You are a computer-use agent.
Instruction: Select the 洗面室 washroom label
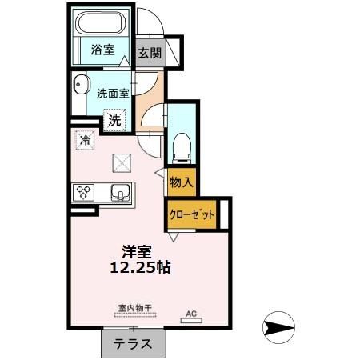112,93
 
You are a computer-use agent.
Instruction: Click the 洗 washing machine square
116,120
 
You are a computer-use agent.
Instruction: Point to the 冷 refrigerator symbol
86,141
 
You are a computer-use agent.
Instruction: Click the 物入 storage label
182,182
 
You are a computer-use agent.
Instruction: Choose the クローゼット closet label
191,214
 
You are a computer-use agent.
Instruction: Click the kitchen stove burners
84,192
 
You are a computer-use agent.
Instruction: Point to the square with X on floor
122,163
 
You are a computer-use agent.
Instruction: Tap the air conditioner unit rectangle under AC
191,320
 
